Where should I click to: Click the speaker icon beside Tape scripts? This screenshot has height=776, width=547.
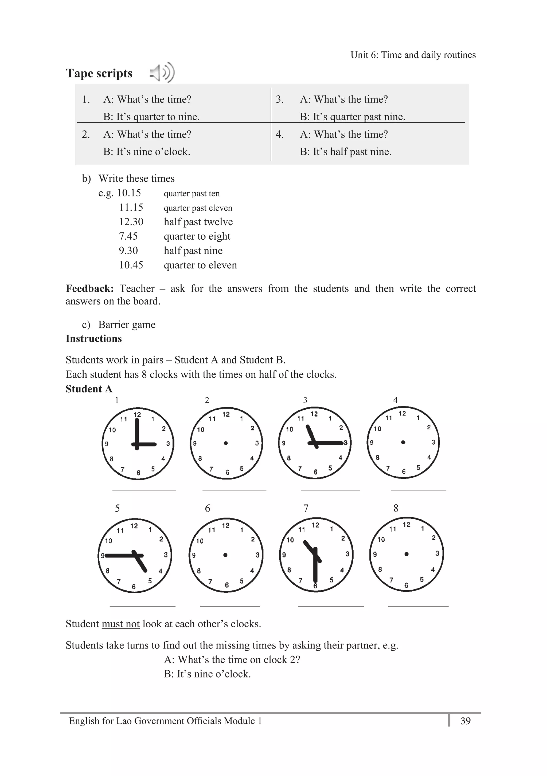pyautogui.click(x=162, y=73)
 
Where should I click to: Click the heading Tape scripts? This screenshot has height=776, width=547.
pyautogui.click(x=99, y=73)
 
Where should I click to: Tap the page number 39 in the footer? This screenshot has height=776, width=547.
pyautogui.click(x=466, y=721)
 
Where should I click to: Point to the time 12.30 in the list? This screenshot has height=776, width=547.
pyautogui.click(x=131, y=222)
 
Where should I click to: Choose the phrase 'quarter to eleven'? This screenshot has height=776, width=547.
pyautogui.click(x=200, y=265)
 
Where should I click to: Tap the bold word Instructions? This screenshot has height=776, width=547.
pyautogui.click(x=93, y=339)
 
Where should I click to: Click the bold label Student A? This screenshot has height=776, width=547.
pyautogui.click(x=89, y=389)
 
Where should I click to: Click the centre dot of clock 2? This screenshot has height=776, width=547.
pyautogui.click(x=226, y=443)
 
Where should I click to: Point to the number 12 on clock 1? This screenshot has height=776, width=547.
pyautogui.click(x=137, y=415)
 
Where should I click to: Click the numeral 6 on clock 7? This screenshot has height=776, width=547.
pyautogui.click(x=315, y=586)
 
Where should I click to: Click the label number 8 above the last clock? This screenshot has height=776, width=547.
pyautogui.click(x=396, y=508)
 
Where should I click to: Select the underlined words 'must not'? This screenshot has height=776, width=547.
pyautogui.click(x=120, y=624)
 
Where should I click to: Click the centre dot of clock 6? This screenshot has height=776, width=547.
pyautogui.click(x=226, y=555)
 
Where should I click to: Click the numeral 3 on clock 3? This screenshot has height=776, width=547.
pyautogui.click(x=346, y=443)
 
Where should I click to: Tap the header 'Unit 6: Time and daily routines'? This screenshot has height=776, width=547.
pyautogui.click(x=413, y=55)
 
